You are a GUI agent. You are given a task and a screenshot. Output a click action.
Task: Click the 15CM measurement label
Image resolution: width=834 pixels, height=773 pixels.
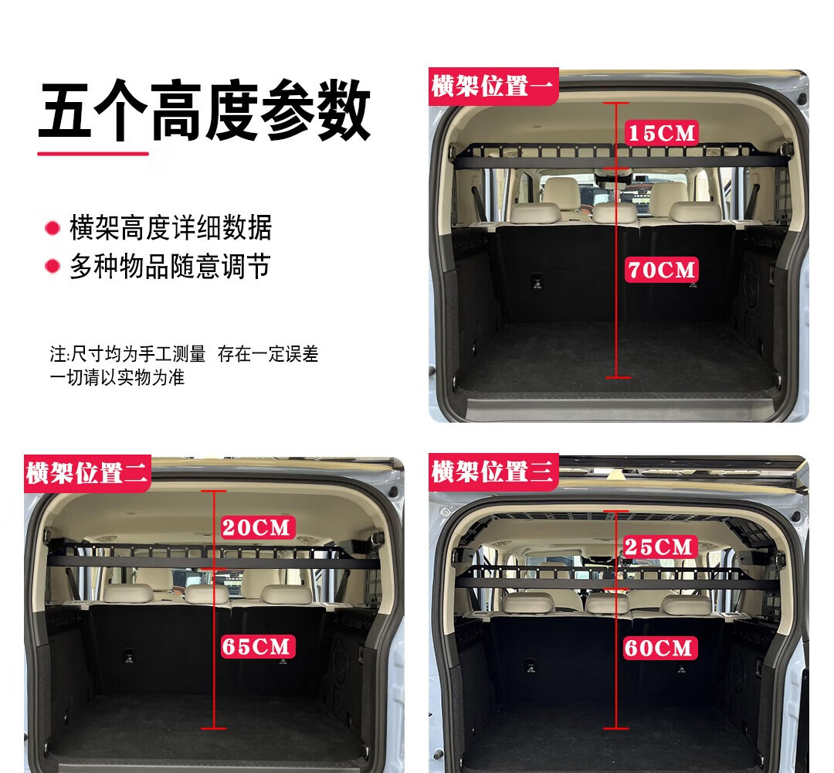click(x=662, y=133)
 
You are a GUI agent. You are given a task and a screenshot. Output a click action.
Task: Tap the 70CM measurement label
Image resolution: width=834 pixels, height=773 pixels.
click(x=662, y=270)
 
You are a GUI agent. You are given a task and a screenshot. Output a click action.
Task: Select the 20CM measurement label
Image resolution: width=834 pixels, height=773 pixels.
click(x=256, y=528)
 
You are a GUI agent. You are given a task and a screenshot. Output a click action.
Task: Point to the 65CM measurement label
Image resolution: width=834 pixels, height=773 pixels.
click(x=256, y=647)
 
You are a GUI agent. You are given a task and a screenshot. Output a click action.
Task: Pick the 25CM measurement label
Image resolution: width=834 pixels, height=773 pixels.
click(x=659, y=547)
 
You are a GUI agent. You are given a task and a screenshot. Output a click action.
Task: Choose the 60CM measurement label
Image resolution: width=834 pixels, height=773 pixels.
click(x=659, y=648)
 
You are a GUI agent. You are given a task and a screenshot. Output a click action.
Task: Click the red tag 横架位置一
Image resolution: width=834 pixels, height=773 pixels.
click(x=493, y=87)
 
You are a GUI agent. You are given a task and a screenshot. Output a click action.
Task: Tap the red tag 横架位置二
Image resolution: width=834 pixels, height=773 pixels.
click(x=87, y=473)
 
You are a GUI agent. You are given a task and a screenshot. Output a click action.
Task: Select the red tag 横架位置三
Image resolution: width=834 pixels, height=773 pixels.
click(x=493, y=472)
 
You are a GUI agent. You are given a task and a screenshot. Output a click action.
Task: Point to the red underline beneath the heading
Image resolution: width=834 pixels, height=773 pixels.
click(x=93, y=154)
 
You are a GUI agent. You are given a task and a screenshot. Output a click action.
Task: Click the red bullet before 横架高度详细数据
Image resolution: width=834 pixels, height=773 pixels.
click(x=53, y=228)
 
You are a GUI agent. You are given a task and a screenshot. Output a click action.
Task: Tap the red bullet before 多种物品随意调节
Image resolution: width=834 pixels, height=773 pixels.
click(x=53, y=266)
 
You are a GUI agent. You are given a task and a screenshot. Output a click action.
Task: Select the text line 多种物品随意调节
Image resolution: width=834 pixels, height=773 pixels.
click(x=170, y=266)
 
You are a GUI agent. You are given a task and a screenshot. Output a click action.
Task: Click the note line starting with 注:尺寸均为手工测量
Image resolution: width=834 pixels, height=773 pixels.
click(x=184, y=354)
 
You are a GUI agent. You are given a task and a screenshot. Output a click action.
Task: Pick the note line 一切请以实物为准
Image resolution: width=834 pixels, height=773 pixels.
click(x=117, y=377)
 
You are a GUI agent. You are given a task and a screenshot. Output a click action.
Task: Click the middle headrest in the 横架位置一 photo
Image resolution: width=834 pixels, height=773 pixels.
click(x=615, y=213)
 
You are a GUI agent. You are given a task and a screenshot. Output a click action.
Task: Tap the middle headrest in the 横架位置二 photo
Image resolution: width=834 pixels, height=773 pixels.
click(x=207, y=594)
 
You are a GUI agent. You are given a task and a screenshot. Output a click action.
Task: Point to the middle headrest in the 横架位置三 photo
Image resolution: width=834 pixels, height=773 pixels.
click(x=607, y=603)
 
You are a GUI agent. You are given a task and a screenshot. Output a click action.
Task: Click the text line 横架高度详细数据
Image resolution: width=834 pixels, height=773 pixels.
click(x=171, y=228)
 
